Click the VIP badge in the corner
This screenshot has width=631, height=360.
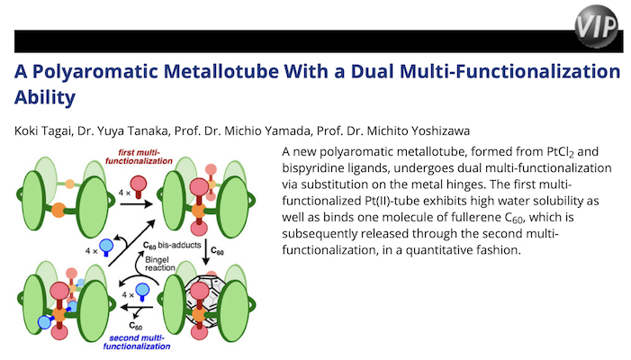[596, 26]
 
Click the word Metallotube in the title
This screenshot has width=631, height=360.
[221, 71]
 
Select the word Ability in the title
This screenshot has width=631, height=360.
[45, 97]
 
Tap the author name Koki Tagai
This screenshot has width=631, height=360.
[42, 131]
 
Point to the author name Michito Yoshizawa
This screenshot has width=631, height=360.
[419, 131]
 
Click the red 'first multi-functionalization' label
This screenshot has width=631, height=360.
[139, 157]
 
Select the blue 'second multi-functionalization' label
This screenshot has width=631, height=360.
[137, 342]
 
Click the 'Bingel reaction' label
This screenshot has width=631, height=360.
[160, 264]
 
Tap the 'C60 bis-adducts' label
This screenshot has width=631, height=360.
[172, 246]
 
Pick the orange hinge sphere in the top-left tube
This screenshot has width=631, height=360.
[59, 210]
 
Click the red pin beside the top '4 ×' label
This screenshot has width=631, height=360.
[139, 187]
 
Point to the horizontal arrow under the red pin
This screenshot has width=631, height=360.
[137, 204]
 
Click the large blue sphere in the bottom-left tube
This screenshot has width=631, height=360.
[45, 322]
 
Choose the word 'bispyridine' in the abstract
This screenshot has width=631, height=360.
[312, 168]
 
